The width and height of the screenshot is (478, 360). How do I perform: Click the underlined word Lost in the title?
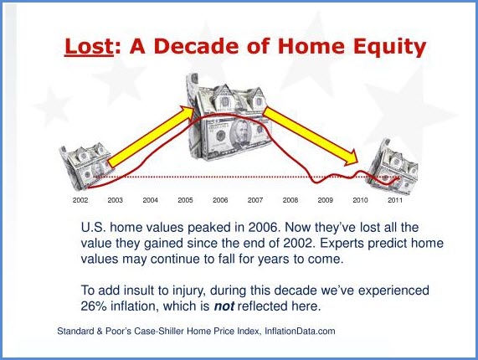89,46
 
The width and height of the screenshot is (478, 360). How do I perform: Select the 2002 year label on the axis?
80,200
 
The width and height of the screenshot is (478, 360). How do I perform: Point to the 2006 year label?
220,200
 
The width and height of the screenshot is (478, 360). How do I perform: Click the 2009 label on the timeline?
326,200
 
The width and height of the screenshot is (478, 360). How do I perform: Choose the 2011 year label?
395,200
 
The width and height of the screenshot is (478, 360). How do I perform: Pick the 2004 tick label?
151,200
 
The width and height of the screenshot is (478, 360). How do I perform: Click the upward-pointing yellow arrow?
152,136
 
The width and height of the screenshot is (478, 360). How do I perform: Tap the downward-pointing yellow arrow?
311,136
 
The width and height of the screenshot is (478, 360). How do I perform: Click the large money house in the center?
228,119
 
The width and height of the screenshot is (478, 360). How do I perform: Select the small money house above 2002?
85,166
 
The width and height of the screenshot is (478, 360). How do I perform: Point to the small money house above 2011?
393,167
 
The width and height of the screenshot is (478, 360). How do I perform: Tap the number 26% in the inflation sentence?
94,306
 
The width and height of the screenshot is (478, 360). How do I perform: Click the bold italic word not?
224,306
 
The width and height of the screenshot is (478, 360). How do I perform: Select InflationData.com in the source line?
300,331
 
